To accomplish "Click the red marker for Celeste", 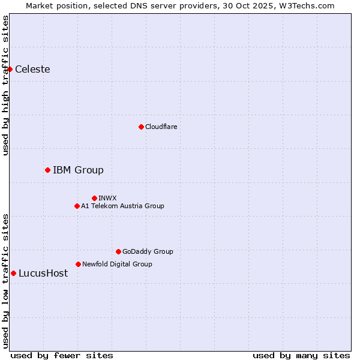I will point(10,69).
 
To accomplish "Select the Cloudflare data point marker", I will point(141,127).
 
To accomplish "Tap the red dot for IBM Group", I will point(47,170).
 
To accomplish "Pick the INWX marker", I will point(94,198).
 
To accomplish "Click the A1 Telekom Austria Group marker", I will point(77,206).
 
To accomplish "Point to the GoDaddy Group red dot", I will point(118,251).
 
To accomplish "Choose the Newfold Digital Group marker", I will point(78,264).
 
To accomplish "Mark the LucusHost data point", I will point(13,273).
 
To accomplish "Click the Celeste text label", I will point(32,69).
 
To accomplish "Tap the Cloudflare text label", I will point(161,127).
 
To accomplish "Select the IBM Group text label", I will point(78,170).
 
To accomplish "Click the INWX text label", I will point(107,198).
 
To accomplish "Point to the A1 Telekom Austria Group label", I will point(122,206).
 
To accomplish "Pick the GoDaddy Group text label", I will point(148,251).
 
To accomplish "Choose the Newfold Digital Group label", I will point(117,264).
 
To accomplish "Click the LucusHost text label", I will point(43,273).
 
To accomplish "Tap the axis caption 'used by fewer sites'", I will point(62,355).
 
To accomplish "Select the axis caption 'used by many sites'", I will point(301,355).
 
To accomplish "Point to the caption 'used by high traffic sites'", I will point(5,85).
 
